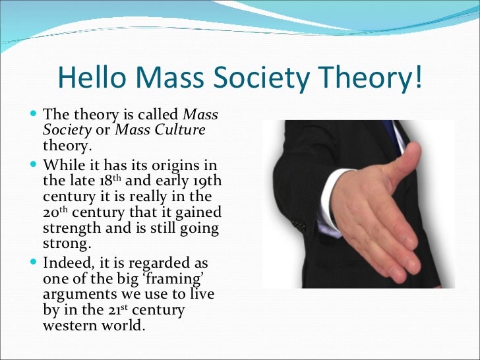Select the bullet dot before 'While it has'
pyautogui.click(x=34, y=164)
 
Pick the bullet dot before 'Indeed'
pyautogui.click(x=34, y=262)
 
